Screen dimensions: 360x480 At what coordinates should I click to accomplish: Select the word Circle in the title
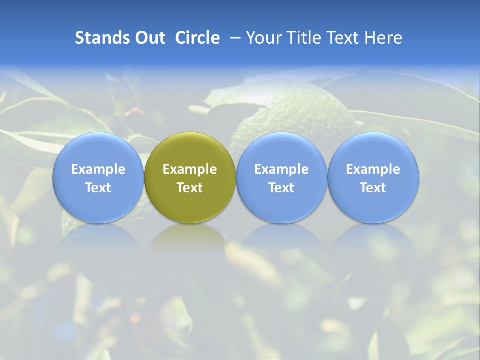(x=197, y=38)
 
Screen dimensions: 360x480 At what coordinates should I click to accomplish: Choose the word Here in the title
(x=383, y=38)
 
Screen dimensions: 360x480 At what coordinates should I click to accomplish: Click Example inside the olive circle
(x=190, y=169)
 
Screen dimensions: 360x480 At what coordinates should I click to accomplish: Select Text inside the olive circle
(x=190, y=188)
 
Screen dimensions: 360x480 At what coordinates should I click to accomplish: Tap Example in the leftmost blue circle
(x=98, y=169)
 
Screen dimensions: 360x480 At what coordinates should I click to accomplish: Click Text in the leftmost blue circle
(x=98, y=188)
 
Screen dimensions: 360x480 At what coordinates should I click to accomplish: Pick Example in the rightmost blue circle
(x=373, y=169)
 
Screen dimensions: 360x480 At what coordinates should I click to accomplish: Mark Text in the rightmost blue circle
(x=373, y=188)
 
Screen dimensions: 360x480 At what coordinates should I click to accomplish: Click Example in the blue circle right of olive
(x=282, y=169)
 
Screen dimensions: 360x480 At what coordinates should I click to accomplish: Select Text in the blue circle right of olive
(x=282, y=188)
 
